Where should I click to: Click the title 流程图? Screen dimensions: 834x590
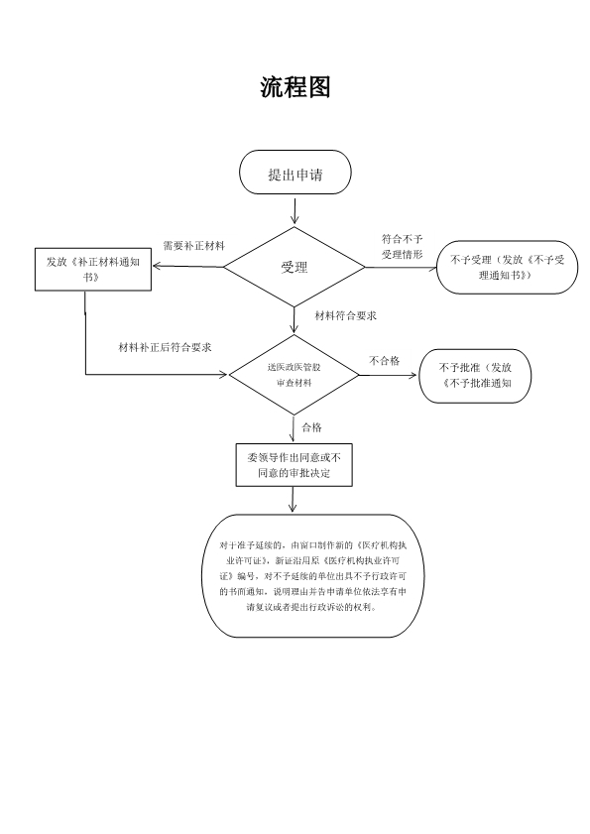295,86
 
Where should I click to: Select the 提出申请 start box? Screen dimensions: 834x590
295,174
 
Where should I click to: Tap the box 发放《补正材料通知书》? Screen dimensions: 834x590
92,269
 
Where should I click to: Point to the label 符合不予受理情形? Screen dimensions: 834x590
403,247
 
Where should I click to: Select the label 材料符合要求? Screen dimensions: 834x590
343,315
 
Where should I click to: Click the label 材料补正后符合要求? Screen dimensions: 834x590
165,347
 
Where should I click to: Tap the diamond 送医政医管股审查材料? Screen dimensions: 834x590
295,375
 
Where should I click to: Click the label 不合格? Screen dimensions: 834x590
385,361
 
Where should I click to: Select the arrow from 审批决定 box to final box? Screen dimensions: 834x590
294,500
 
